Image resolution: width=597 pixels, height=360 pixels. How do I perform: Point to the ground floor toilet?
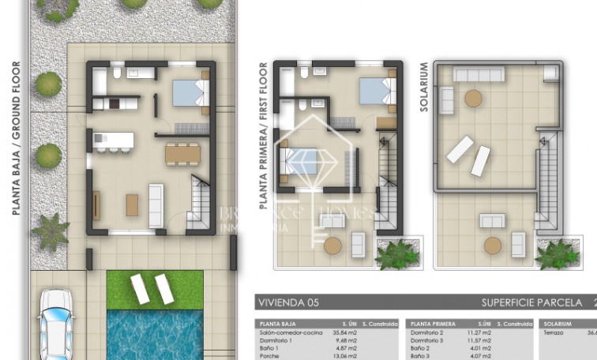(115, 74)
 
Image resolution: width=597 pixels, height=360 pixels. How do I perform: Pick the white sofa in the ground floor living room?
(156, 204)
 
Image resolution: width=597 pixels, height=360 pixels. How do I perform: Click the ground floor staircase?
(200, 206)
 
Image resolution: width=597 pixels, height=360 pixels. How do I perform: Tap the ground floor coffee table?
(131, 204)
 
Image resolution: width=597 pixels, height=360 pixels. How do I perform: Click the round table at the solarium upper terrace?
(473, 98)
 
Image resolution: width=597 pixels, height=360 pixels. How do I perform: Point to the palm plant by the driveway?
(51, 232)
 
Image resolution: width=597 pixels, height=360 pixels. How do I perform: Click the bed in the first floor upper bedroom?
(375, 89)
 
